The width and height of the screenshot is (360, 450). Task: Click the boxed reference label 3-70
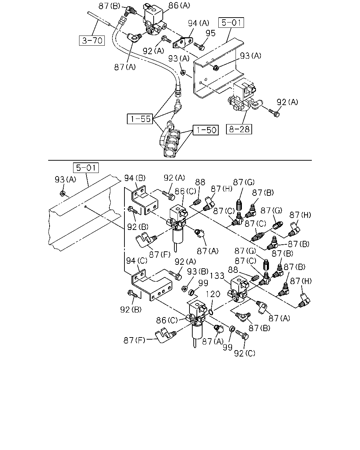point(92,40)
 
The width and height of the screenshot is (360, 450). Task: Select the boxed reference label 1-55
point(140,119)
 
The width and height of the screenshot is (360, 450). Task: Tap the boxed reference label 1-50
point(206,130)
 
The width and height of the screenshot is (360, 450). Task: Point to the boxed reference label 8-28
point(239,129)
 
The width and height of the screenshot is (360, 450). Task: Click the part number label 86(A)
point(179,6)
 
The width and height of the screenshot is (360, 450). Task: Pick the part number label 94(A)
point(199,23)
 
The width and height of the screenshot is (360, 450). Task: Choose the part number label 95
point(211,33)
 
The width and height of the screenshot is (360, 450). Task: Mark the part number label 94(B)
point(135,178)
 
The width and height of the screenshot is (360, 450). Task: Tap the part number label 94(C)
point(137,261)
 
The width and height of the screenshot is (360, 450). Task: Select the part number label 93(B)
point(198,271)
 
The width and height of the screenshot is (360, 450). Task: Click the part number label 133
point(217,276)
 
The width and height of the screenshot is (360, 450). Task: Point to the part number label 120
point(213,294)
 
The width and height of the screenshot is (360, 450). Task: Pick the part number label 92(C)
point(245,353)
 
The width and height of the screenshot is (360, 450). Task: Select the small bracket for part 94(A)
point(182,43)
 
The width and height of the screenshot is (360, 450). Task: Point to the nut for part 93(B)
point(184,289)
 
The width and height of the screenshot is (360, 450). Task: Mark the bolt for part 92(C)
point(242,335)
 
